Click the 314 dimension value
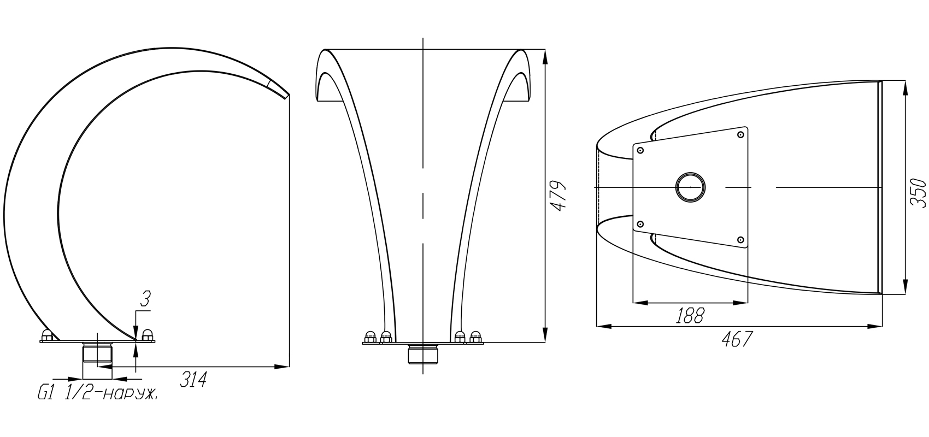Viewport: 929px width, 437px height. pos(193,379)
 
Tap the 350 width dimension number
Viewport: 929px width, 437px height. pos(918,192)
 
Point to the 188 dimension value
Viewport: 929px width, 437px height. pos(690,316)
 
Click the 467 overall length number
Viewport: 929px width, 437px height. pos(737,339)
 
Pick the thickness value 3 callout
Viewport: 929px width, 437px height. pos(145,299)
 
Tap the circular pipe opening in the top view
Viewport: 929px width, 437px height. pos(690,187)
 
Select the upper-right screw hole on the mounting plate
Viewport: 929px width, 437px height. pos(740,135)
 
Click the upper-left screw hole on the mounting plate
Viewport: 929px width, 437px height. pos(640,151)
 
